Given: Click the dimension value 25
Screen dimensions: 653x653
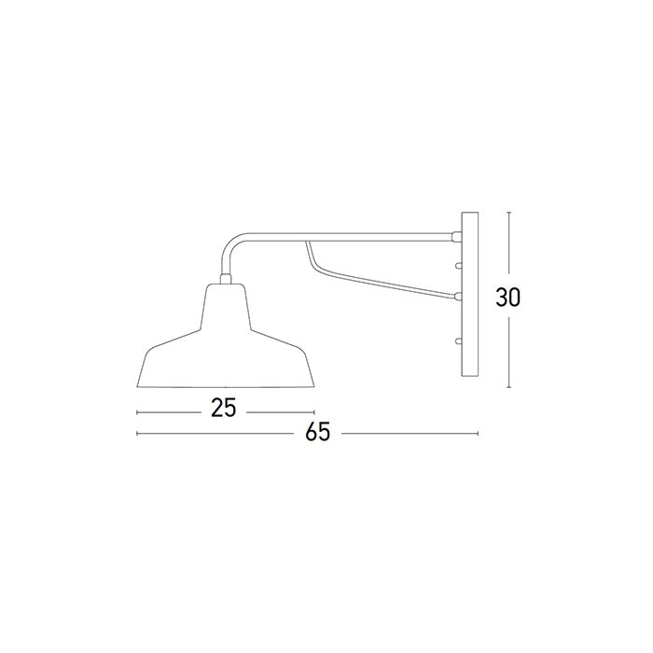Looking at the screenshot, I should pos(222,408).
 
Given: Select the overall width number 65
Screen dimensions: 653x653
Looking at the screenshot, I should pos(318,433).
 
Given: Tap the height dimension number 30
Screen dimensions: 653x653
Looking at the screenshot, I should pos(508,298).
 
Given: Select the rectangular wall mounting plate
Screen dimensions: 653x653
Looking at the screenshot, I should pos(469,298).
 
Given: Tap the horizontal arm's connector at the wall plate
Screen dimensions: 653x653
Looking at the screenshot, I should pos(456,234).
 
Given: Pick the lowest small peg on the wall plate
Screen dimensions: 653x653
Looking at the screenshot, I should pos(457,341).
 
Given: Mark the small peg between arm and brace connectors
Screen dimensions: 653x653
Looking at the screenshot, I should pos(457,265).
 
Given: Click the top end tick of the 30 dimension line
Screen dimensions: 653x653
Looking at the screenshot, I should pos(508,212).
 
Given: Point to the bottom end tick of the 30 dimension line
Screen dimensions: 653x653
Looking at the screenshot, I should pos(508,386).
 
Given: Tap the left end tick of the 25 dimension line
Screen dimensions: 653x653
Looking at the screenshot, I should pos(137,410).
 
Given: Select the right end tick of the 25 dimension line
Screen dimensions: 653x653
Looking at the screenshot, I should pos(313,410).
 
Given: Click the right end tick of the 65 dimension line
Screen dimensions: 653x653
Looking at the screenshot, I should pos(478,434).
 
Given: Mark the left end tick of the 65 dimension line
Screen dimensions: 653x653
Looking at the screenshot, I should pos(137,434).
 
